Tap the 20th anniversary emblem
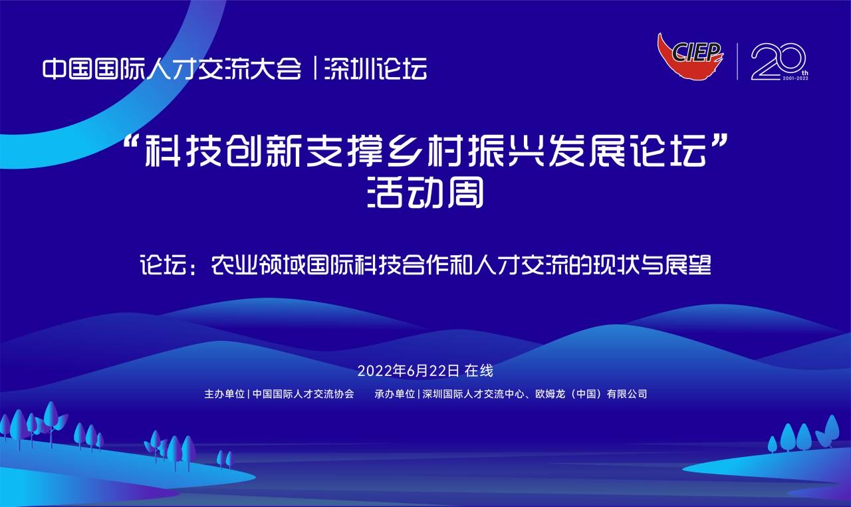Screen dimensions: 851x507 (x=779, y=62)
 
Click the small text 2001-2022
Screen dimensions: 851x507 (x=795, y=78)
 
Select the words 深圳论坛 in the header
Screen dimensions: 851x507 (x=375, y=68)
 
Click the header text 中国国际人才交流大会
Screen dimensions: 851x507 (x=172, y=68)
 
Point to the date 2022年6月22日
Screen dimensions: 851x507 (x=408, y=371)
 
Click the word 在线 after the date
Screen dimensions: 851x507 (x=479, y=371)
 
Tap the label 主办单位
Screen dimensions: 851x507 (x=224, y=394)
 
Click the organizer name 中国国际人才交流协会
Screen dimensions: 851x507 (x=303, y=394)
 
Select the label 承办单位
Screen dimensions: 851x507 (x=394, y=394)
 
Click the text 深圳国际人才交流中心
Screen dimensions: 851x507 (x=473, y=394)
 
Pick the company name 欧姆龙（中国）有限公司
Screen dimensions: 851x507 (x=591, y=394)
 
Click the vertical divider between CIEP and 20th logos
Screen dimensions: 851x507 (x=737, y=62)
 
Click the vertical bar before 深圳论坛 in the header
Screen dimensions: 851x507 (x=315, y=68)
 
